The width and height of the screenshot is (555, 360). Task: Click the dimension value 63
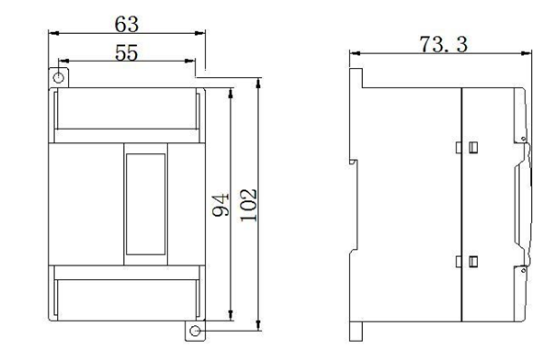pyautogui.click(x=127, y=25)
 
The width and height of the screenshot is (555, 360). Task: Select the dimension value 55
pyautogui.click(x=127, y=53)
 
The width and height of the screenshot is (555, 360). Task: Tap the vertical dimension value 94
pyautogui.click(x=221, y=205)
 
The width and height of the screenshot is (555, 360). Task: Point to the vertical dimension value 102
pyautogui.click(x=248, y=205)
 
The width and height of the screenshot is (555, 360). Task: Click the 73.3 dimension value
pyautogui.click(x=444, y=45)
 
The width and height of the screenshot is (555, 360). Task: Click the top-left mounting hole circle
pyautogui.click(x=59, y=77)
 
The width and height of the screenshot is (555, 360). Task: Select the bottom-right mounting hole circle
pyautogui.click(x=195, y=331)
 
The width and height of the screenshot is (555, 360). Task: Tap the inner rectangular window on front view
pyautogui.click(x=146, y=204)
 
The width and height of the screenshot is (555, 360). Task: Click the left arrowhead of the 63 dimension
pyautogui.click(x=53, y=33)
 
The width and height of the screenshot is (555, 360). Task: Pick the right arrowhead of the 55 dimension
pyautogui.click(x=190, y=61)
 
